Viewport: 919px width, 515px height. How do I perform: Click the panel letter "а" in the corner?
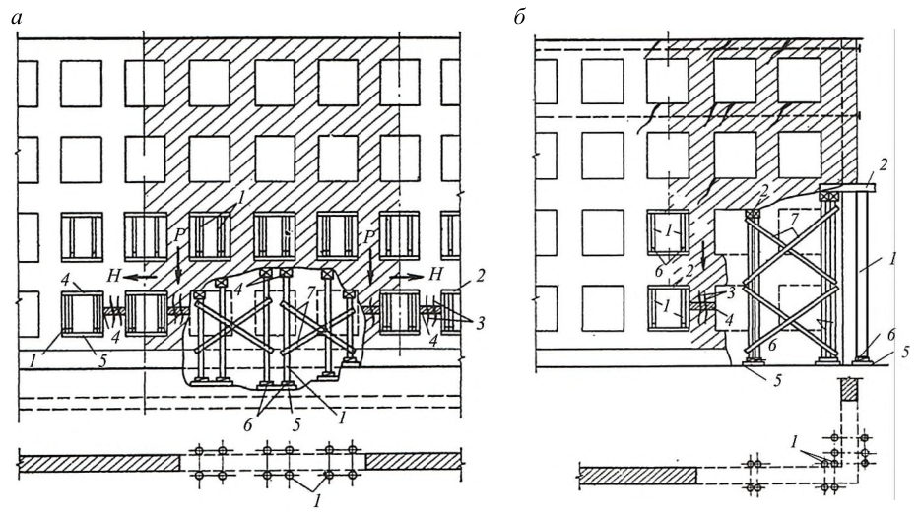point(17,19)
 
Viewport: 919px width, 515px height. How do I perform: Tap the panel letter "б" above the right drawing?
point(519,18)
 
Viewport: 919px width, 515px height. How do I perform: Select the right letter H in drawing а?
point(435,273)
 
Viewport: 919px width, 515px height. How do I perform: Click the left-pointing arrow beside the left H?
point(143,276)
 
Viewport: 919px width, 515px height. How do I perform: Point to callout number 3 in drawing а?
point(480,323)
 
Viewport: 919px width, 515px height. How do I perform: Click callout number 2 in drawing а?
point(481,276)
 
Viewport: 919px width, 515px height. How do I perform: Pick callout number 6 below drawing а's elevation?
point(247,424)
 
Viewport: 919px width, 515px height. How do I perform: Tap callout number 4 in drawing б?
point(730,320)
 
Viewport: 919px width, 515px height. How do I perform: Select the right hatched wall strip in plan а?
point(413,461)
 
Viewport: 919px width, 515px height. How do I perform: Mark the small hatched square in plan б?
point(850,390)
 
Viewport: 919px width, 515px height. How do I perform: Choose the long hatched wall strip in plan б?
point(637,476)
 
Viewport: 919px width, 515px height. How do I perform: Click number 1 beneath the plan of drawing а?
point(317,501)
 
